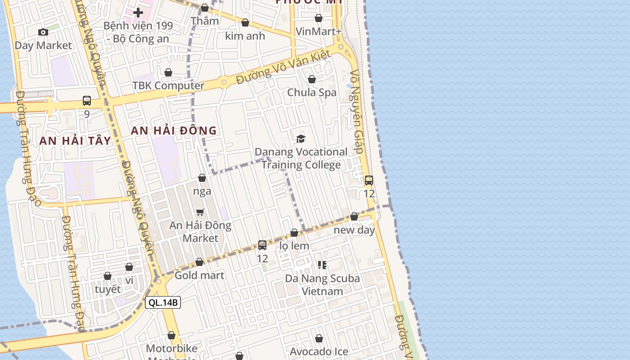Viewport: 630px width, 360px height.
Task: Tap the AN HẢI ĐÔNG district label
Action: click(174, 131)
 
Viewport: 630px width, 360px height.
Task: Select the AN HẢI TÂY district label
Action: click(75, 141)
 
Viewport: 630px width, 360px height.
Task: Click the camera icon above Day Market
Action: click(43, 32)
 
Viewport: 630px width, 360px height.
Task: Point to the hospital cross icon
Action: click(138, 12)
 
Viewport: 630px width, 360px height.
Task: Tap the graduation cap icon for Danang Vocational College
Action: click(301, 139)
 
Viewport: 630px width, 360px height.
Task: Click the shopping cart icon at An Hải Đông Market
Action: click(200, 212)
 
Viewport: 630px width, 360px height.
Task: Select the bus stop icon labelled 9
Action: click(87, 101)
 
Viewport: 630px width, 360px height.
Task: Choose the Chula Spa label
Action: click(312, 93)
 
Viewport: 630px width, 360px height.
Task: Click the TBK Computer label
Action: click(168, 85)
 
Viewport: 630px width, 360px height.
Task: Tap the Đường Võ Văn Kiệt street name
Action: click(283, 67)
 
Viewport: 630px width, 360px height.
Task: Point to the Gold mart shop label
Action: click(199, 275)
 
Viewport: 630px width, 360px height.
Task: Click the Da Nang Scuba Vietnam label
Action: click(322, 284)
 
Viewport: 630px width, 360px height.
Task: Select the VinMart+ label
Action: click(319, 31)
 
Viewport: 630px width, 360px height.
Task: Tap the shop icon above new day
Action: click(354, 217)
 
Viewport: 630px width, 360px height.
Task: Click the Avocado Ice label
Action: click(319, 351)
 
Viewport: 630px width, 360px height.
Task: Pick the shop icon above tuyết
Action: click(108, 276)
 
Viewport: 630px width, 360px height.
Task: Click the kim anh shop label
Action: click(245, 36)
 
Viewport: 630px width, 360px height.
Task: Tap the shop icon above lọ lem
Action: click(294, 233)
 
